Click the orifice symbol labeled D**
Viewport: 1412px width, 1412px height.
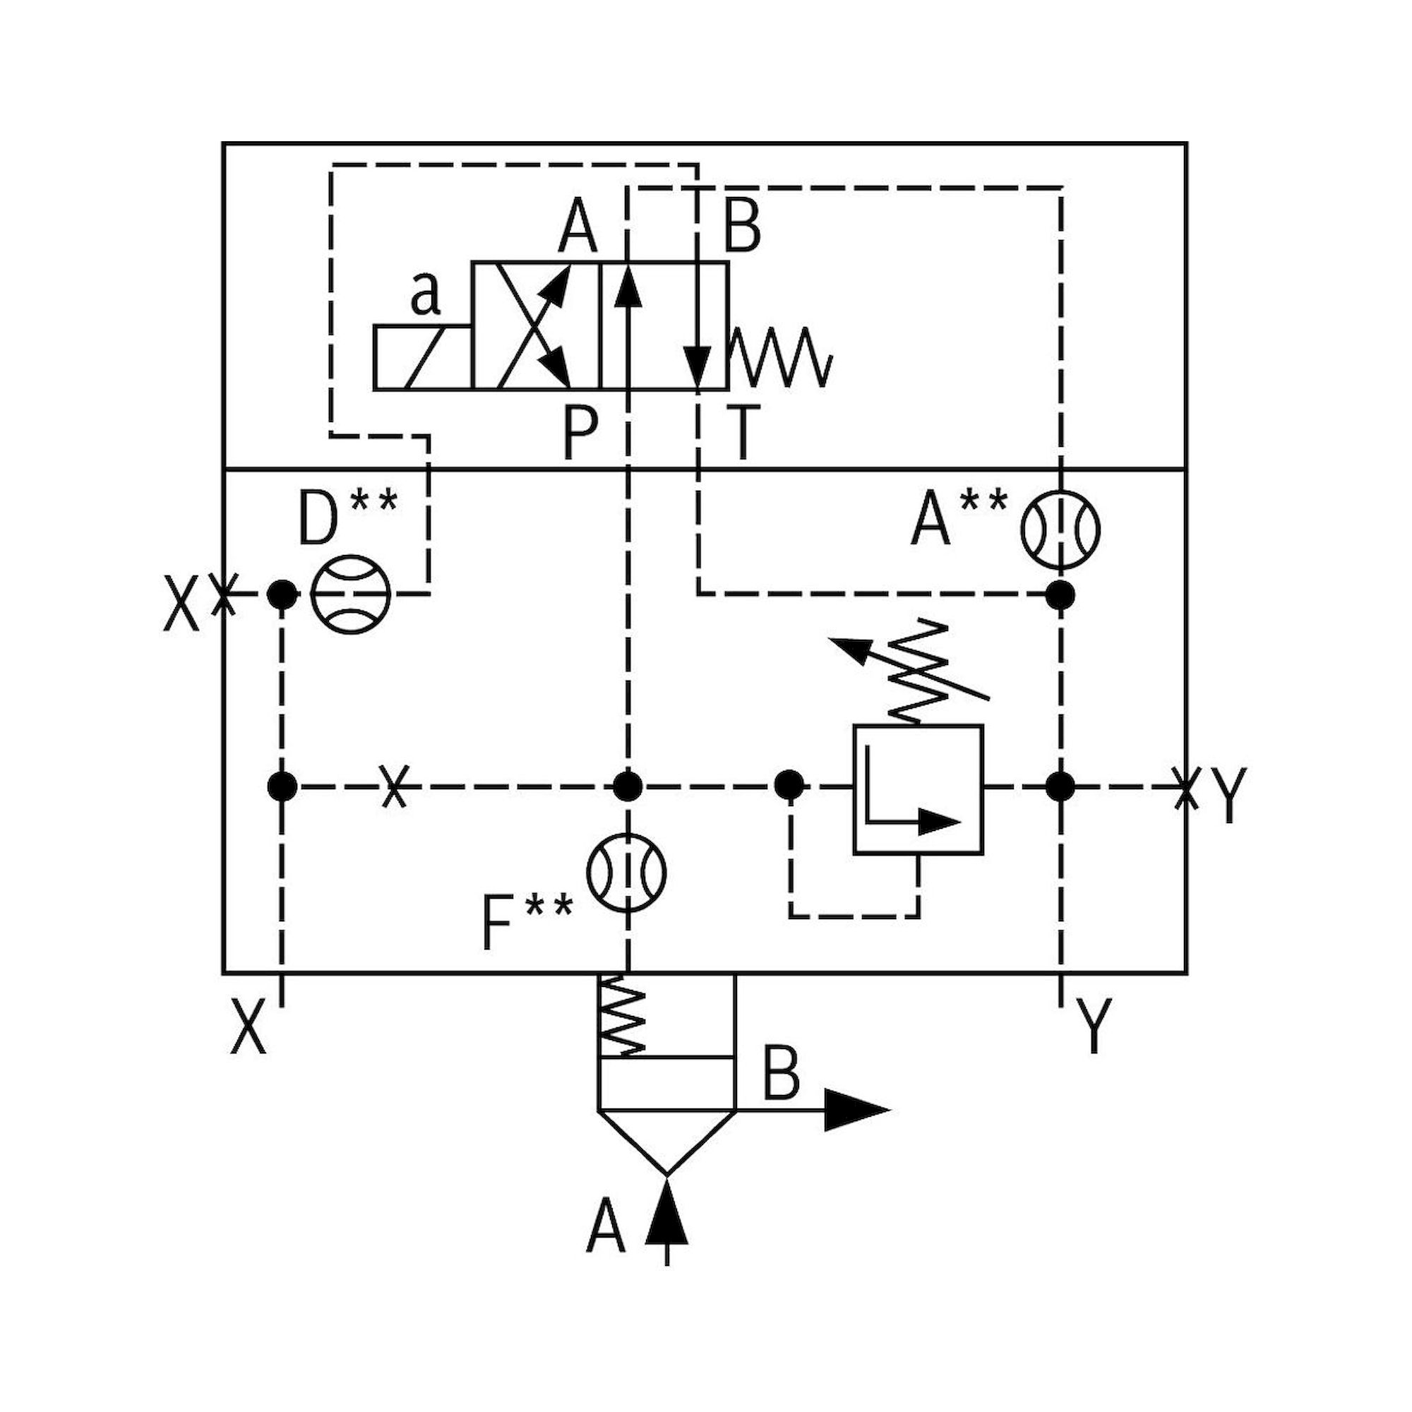[x=351, y=594]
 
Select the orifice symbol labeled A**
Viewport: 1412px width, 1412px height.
[x=1060, y=529]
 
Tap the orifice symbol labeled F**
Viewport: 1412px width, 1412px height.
[x=627, y=872]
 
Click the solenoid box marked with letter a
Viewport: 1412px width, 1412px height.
[x=422, y=357]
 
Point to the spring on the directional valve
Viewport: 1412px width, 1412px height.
[x=781, y=357]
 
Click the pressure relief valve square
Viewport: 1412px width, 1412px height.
[x=918, y=789]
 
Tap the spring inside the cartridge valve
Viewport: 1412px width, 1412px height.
[x=622, y=1016]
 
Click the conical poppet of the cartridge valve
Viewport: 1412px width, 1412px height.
[x=666, y=1140]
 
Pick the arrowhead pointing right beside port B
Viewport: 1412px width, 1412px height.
[x=855, y=1110]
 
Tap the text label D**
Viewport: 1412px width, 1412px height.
[x=347, y=517]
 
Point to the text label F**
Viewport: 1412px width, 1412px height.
[x=526, y=923]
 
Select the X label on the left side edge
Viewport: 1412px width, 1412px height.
[x=181, y=603]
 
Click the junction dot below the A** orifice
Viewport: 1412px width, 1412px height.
[x=1060, y=594]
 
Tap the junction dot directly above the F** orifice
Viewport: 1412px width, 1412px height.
[x=627, y=786]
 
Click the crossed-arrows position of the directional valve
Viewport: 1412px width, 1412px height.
[x=535, y=326]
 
